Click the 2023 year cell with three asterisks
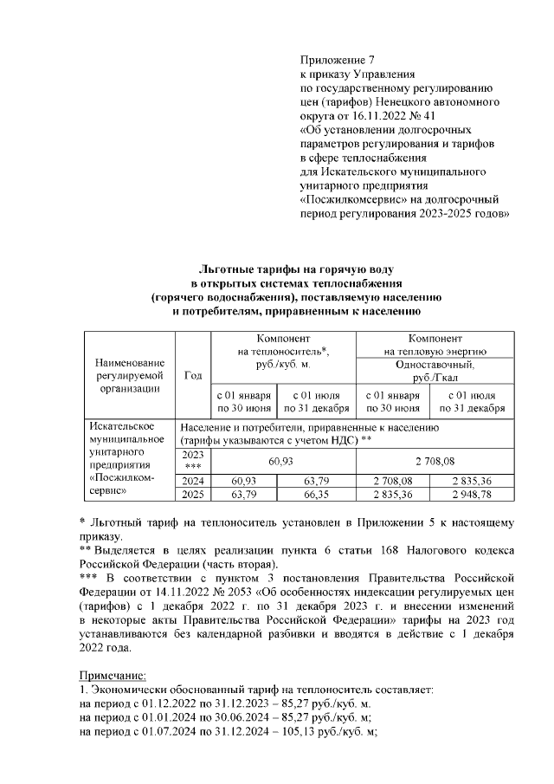click(192, 460)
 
